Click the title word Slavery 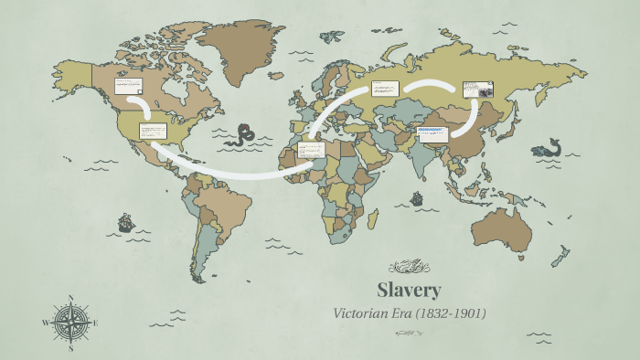(409, 291)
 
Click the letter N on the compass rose (70, 298)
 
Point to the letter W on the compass (46, 323)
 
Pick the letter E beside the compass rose (95, 323)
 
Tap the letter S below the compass (70, 347)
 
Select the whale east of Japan (549, 147)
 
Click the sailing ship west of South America (125, 222)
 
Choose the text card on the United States (152, 132)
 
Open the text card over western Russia (385, 90)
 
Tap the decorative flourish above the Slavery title (409, 267)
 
